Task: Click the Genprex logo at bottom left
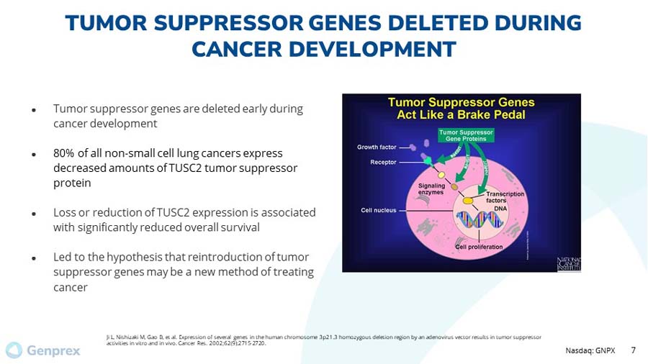click(x=42, y=351)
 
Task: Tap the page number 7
click(x=633, y=350)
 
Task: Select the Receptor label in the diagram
click(x=383, y=163)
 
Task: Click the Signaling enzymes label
click(x=432, y=189)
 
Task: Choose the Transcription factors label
click(x=505, y=197)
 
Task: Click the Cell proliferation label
click(x=479, y=247)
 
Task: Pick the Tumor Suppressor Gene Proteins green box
click(x=466, y=136)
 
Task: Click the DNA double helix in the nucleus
click(x=477, y=222)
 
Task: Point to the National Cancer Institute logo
click(x=568, y=264)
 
